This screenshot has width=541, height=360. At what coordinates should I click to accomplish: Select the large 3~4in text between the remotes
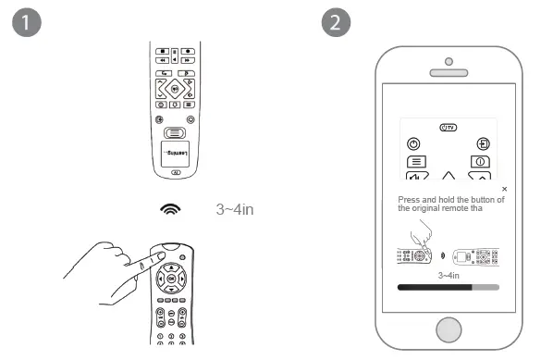click(x=235, y=210)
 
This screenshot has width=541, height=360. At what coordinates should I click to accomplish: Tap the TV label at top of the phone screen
click(x=449, y=126)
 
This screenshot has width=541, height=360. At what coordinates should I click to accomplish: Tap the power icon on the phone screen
click(x=412, y=143)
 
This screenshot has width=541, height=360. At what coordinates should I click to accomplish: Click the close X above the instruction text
click(x=504, y=189)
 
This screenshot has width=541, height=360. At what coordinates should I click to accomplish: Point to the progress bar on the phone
click(x=449, y=288)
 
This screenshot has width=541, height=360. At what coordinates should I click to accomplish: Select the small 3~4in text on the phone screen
click(x=449, y=275)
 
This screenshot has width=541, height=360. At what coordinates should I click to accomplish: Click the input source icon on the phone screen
click(x=484, y=143)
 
